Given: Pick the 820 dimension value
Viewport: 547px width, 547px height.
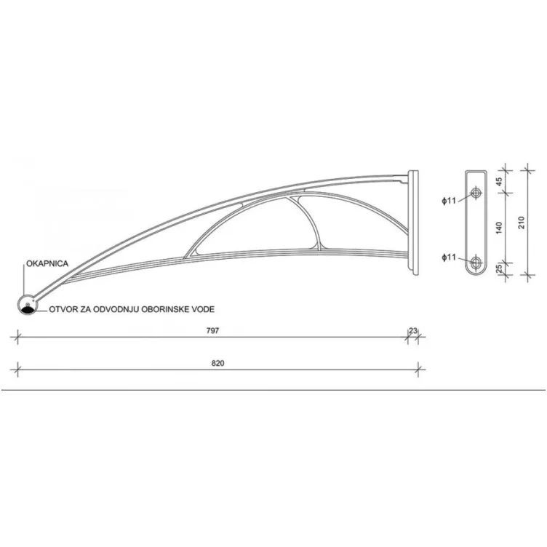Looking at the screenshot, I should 217,362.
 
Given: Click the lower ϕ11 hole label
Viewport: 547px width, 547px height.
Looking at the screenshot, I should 448,257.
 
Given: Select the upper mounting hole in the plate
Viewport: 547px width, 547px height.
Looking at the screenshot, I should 476,193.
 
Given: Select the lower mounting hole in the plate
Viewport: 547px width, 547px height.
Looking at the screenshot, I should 476,261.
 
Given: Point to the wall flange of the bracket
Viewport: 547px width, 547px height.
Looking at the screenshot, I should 415,223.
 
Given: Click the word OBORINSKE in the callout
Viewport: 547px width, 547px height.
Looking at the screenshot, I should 163,309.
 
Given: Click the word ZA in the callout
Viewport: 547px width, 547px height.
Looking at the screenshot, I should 84,309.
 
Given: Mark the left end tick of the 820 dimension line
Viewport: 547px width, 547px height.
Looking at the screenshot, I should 17,369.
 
